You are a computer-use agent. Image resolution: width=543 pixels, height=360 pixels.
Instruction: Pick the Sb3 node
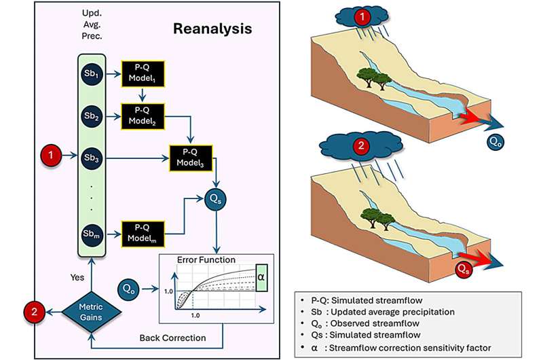tap(90, 158)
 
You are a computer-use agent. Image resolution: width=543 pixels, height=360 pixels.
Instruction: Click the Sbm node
tap(90, 234)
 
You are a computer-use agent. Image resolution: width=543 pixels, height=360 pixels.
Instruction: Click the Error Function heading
tap(206, 259)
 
